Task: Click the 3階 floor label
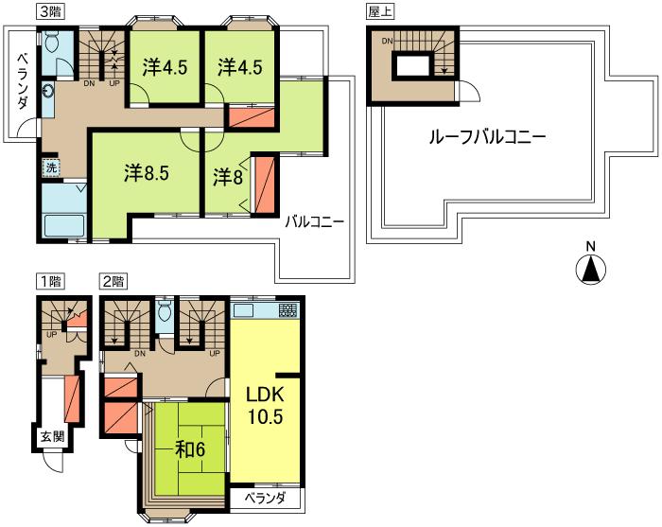tap(50, 11)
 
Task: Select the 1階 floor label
tap(50, 281)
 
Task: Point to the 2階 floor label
tap(113, 281)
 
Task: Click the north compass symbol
tap(591, 266)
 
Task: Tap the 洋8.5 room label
tap(147, 173)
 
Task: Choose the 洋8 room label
tap(228, 177)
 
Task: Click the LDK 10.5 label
tap(265, 406)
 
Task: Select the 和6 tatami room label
tap(190, 449)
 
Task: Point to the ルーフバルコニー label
tap(487, 137)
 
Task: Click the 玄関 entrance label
tap(52, 437)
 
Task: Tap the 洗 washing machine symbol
tap(51, 167)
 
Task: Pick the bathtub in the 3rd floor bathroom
tap(64, 225)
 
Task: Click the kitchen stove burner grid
tap(288, 310)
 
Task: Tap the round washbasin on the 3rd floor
tap(47, 92)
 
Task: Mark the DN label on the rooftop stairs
tap(387, 41)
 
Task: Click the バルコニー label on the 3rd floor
tap(315, 221)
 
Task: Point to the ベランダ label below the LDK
tap(265, 499)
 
